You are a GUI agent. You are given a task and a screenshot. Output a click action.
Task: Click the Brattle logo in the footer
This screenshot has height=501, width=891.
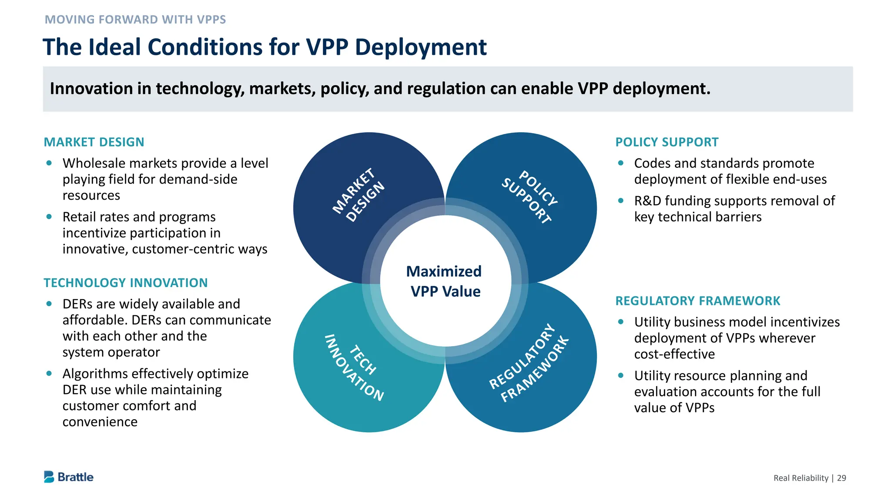click(x=69, y=477)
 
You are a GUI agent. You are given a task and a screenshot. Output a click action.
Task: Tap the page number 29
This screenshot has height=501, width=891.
click(x=841, y=478)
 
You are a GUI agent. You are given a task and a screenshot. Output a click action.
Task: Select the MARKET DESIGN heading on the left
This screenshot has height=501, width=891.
click(x=94, y=142)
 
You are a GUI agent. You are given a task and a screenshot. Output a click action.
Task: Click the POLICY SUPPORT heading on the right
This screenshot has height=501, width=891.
click(x=667, y=142)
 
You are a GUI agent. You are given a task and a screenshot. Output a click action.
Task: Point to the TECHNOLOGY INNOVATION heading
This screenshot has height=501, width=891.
click(x=126, y=283)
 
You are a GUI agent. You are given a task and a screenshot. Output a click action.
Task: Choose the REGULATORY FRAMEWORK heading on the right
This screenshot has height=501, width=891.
click(x=697, y=301)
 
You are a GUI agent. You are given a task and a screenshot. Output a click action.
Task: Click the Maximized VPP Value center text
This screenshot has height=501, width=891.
click(x=445, y=281)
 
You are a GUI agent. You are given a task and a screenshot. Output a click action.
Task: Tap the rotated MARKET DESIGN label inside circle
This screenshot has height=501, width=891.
click(x=358, y=195)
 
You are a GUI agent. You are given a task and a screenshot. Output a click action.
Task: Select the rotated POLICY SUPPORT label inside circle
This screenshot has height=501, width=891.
click(x=530, y=197)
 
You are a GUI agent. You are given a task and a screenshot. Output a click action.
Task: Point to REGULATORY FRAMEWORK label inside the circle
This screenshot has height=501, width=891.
click(x=529, y=363)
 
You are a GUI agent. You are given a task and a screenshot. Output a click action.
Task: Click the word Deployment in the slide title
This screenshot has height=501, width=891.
click(x=420, y=47)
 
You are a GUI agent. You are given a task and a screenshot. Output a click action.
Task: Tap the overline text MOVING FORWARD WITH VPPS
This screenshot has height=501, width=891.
click(x=135, y=20)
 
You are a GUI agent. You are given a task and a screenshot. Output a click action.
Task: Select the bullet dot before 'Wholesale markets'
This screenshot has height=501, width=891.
click(x=49, y=163)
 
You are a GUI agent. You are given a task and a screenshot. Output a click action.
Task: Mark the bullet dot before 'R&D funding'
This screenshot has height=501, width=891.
click(x=621, y=200)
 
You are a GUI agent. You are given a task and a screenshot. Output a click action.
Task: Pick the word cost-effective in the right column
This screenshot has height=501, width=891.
click(x=674, y=354)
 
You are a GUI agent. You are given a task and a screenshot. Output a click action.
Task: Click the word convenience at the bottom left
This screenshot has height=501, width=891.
click(x=100, y=422)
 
